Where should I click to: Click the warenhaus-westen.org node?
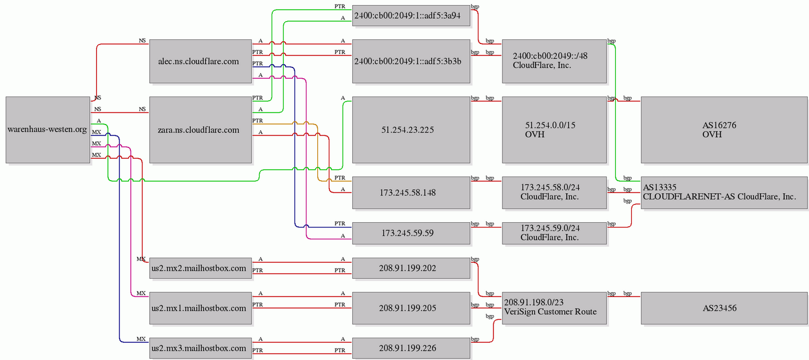click(48, 130)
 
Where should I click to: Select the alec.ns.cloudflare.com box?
click(201, 61)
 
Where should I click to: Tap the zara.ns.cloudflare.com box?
click(201, 130)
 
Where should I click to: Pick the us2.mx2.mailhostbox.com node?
click(201, 268)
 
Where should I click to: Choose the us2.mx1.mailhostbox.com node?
click(201, 308)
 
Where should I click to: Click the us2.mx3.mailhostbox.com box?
click(201, 348)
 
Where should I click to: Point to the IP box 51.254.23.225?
click(411, 130)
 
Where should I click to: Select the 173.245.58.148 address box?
click(411, 193)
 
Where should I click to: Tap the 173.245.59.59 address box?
click(411, 233)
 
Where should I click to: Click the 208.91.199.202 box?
click(411, 268)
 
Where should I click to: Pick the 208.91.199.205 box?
click(411, 308)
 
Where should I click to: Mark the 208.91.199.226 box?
click(411, 348)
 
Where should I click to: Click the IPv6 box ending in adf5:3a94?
click(411, 15)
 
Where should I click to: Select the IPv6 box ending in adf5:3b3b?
click(411, 61)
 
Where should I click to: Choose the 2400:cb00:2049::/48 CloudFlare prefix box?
click(554, 61)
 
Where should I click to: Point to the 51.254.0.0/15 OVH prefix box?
click(554, 130)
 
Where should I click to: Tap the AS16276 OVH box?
click(724, 130)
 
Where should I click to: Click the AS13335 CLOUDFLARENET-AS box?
click(724, 193)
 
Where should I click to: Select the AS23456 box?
click(724, 308)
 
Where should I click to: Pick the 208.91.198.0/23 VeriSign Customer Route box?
click(554, 308)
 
